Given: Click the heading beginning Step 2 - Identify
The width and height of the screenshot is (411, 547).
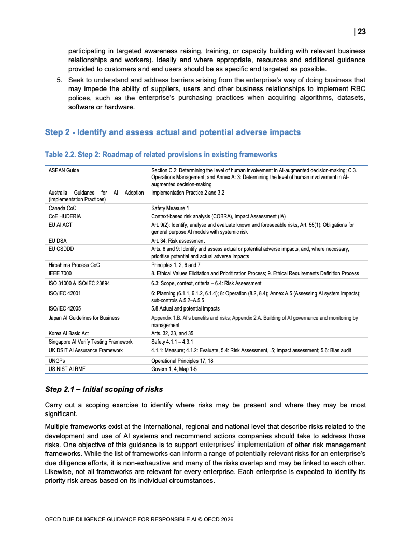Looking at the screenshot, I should tap(173, 132).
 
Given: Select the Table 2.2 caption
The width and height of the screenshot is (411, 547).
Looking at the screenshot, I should tap(161, 155).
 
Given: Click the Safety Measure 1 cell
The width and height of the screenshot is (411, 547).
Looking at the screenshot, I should tap(170, 208).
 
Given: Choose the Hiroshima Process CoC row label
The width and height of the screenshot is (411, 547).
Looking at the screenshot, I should tap(74, 265).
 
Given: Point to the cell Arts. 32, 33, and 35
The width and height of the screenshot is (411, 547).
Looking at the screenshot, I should tap(172, 334).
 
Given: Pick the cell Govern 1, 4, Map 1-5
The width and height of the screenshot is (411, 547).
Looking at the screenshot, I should tap(174, 369).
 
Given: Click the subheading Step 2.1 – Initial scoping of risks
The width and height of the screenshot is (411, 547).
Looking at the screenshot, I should tap(104, 389).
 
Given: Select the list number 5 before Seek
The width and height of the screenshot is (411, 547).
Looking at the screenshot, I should tap(59, 80).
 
